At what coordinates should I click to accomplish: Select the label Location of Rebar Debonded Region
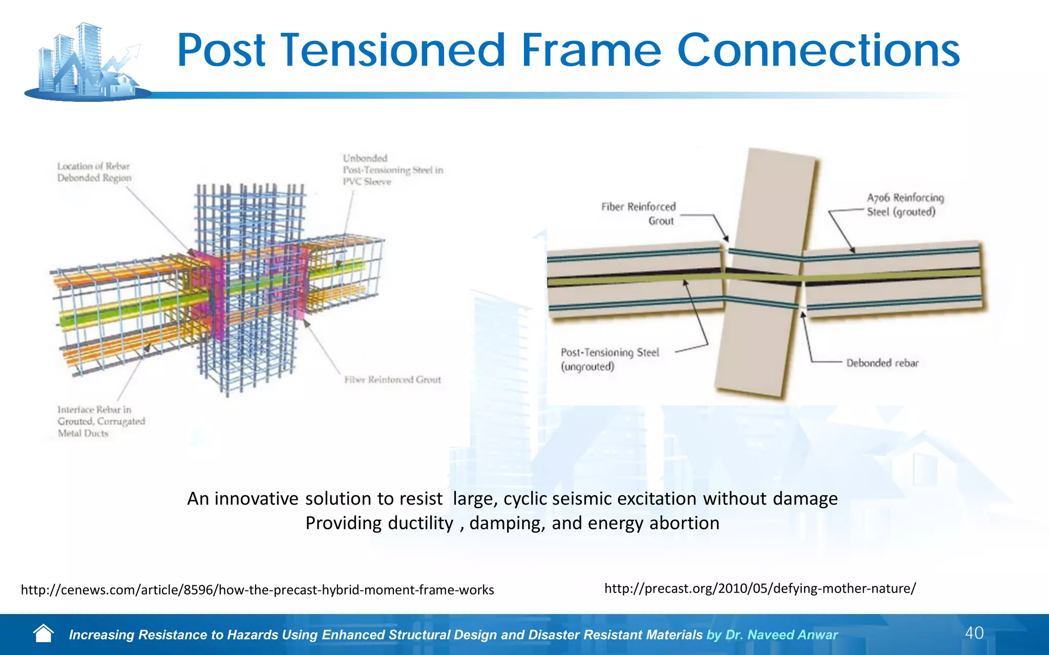[94, 172]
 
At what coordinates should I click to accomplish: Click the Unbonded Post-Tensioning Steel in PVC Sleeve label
[392, 170]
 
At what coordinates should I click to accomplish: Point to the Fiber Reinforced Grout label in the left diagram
[392, 380]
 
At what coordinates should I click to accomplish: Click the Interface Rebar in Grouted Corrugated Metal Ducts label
[100, 421]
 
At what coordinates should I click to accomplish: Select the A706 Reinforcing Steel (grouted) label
[905, 205]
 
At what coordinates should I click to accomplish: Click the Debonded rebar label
[882, 363]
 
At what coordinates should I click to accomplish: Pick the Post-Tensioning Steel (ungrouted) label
[609, 359]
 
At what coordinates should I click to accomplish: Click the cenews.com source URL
[257, 590]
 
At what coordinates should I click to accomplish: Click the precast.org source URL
[760, 588]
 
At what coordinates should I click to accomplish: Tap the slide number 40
[974, 633]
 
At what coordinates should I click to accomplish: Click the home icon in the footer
[44, 634]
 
